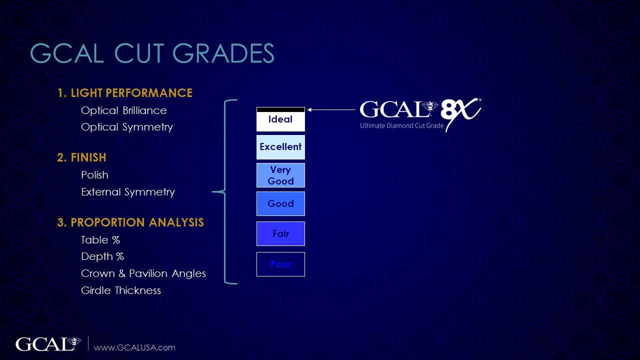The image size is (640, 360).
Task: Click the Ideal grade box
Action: coord(280,119)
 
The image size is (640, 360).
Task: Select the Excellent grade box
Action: coord(280,147)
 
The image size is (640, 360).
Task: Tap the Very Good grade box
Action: coord(280,175)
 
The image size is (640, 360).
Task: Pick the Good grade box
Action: coord(280,203)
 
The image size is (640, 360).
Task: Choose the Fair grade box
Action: coord(280,233)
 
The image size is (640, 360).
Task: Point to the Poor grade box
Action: coord(280,264)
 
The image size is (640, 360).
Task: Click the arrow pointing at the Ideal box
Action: coord(331,109)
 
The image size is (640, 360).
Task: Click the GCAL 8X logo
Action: coord(420,114)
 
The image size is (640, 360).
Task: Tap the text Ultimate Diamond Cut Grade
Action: coord(401,125)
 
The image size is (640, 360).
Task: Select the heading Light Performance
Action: coord(125,93)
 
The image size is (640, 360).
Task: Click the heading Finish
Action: coord(81,157)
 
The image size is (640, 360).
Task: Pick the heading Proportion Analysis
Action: coord(130,222)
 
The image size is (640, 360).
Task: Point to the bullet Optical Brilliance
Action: coord(123,110)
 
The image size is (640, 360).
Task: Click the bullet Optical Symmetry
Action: coord(127,127)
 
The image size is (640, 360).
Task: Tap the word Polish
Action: coord(94,175)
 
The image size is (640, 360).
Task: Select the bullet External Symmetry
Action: coord(127,192)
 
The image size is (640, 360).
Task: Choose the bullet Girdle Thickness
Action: coord(121,290)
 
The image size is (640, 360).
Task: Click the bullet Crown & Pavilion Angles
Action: coord(143,273)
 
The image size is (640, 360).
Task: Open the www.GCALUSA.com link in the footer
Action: coord(134,347)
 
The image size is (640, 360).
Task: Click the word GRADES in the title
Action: coord(223,53)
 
